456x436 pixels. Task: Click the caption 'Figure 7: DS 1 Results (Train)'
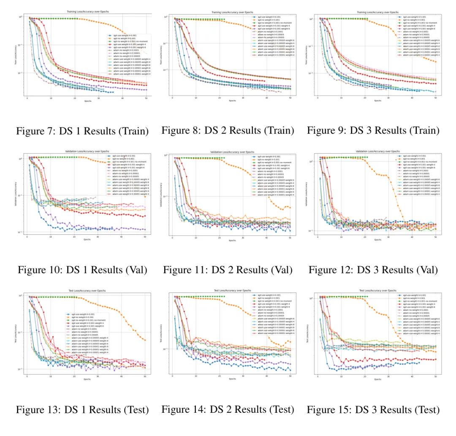[x=82, y=131]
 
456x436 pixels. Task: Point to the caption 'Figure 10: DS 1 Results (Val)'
[x=82, y=270]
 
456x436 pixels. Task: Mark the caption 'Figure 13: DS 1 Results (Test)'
[x=82, y=409]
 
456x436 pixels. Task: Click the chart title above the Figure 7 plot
[x=87, y=11]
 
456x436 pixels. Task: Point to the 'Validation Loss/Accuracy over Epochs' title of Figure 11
[x=232, y=152]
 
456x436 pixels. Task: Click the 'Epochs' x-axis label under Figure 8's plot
[x=232, y=101]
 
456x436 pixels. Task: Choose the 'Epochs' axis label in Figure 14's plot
[x=232, y=379]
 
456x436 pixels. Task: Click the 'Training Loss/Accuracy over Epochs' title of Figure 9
[x=377, y=11]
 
